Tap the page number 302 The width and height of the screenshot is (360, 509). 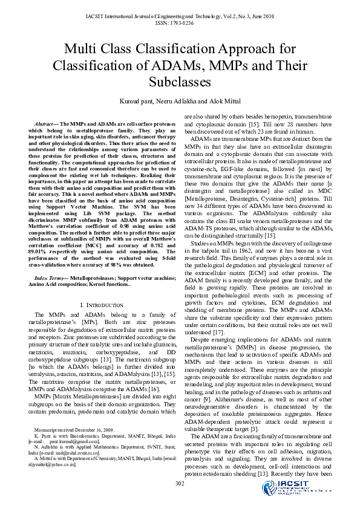180,484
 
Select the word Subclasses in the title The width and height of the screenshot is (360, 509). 180,80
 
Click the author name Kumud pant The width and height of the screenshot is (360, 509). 137,101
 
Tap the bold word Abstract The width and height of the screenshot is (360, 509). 47,123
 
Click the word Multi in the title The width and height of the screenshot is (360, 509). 84,49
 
